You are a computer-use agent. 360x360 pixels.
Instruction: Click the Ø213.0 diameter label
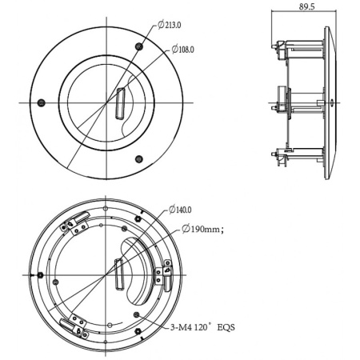(170, 25)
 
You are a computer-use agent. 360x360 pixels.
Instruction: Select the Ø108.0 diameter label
(183, 50)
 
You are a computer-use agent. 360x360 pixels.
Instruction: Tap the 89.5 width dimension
(306, 6)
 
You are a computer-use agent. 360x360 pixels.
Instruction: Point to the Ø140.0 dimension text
(180, 210)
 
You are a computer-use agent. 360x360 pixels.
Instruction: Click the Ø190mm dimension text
(202, 229)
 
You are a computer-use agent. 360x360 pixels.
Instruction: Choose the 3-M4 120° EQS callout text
(202, 327)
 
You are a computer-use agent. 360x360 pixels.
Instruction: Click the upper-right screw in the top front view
(139, 46)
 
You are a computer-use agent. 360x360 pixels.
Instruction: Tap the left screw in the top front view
(41, 102)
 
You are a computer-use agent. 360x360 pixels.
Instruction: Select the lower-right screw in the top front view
(138, 159)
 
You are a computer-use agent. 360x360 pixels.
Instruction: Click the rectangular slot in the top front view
(120, 103)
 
